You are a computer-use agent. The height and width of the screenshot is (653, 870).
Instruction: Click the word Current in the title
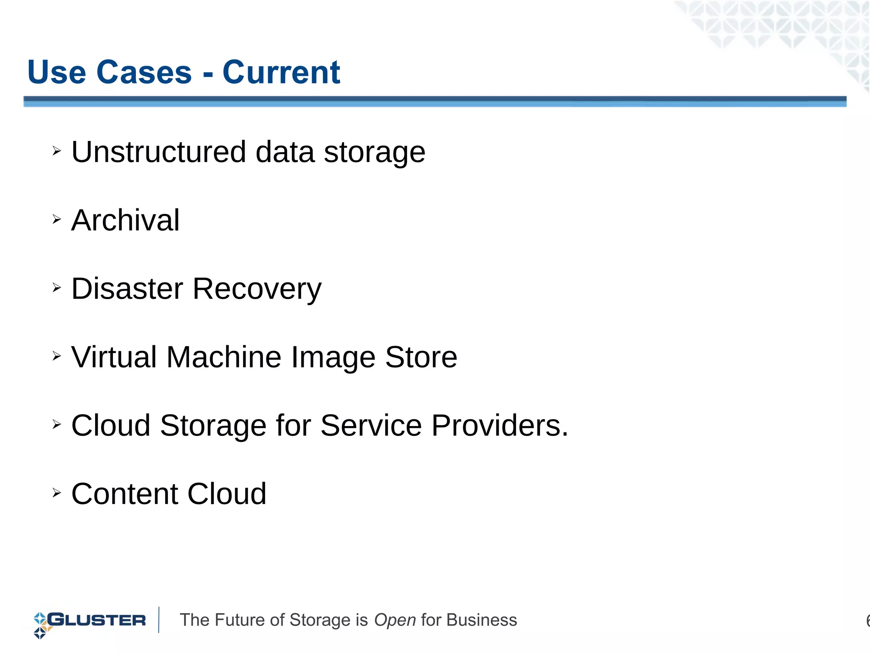click(281, 72)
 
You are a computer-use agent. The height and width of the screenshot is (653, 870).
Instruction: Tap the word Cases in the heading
click(144, 72)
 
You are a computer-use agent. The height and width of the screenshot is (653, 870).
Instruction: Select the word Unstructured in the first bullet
click(158, 152)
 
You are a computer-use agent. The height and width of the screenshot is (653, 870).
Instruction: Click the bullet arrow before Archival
click(56, 219)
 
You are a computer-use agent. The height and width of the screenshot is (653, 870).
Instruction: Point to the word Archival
click(125, 221)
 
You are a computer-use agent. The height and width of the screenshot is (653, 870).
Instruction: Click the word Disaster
click(127, 289)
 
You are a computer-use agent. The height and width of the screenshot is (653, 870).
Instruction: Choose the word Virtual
click(114, 357)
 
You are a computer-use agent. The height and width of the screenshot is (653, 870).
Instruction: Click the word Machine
click(224, 357)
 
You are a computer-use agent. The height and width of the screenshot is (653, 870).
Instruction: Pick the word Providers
click(500, 426)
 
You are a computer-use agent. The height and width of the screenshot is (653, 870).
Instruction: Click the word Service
click(371, 426)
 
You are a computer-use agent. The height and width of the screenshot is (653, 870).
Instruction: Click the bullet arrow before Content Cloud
click(56, 493)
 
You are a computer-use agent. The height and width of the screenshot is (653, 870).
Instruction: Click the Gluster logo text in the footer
click(97, 620)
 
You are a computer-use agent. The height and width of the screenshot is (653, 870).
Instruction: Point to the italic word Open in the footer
click(395, 621)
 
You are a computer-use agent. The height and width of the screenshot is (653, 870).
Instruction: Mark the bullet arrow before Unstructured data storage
click(56, 151)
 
